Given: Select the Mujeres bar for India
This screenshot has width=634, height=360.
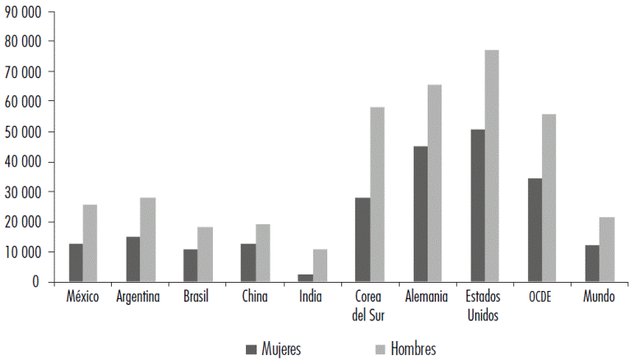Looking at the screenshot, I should [305, 278].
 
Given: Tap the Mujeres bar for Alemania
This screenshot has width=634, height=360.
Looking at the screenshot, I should [420, 214].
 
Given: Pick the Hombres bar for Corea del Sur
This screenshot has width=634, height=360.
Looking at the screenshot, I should [377, 194].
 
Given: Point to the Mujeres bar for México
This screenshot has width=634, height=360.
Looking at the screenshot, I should [76, 262].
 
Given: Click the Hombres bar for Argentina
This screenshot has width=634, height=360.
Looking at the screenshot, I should [147, 239].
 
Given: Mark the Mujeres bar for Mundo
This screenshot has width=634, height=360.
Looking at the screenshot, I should [592, 263].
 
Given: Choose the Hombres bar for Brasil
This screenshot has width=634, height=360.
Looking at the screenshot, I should [204, 254].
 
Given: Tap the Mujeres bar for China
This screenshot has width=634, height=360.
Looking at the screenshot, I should [248, 262].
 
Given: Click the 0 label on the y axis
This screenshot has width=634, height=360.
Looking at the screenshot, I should [35, 282].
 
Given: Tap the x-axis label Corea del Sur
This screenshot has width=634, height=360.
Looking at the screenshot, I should [369, 305].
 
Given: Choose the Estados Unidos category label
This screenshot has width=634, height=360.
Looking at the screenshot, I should [484, 305].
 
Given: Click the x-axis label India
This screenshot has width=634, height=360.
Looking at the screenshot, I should [312, 298].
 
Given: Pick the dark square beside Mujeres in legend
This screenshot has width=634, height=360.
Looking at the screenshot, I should [251, 349].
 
